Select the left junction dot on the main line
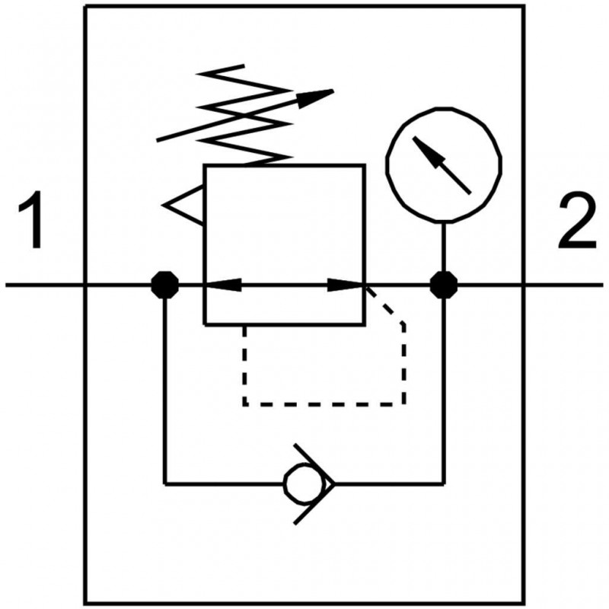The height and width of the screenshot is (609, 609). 164,285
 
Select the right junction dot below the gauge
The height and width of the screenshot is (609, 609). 443,285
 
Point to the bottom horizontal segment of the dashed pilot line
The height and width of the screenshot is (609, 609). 324,403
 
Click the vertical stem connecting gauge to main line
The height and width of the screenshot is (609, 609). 443,247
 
